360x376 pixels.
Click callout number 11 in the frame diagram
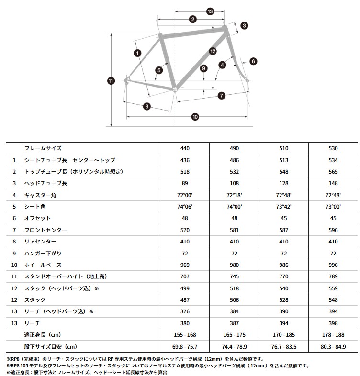pos(111,81)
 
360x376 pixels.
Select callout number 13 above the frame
pos(210,11)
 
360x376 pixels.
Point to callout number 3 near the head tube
pos(244,25)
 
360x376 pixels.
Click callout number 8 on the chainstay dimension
pos(146,107)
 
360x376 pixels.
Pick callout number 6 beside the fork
pos(253,61)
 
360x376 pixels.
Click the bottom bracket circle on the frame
pos(175,89)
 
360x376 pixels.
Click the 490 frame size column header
pos(234,149)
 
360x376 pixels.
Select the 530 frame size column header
pos(333,149)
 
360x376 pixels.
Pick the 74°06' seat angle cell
pos(185,207)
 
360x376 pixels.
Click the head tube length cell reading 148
pos(333,184)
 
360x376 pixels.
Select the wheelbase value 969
pos(185,265)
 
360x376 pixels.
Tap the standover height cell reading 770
pos(284,276)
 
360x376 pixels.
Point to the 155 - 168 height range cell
pos(185,334)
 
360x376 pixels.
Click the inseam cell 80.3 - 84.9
pos(333,346)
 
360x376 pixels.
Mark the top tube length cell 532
pos(234,172)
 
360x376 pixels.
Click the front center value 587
pos(284,230)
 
